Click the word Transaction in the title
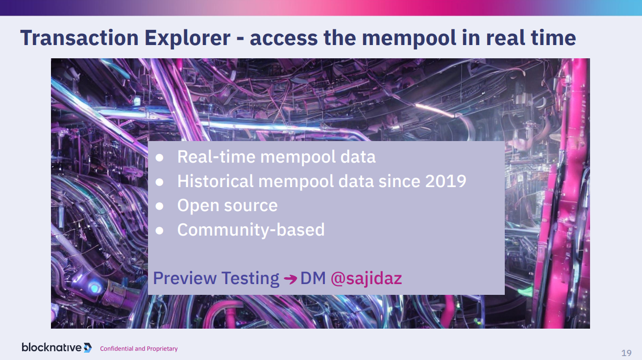(x=79, y=38)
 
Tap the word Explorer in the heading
(x=187, y=38)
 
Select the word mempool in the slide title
(x=409, y=38)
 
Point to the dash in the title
(x=240, y=39)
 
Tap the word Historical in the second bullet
(x=216, y=181)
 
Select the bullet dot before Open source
(x=159, y=206)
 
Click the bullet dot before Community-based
(x=159, y=230)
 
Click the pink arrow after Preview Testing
(x=290, y=279)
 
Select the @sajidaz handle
(x=366, y=278)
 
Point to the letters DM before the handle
(x=313, y=278)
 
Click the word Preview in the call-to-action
(x=185, y=278)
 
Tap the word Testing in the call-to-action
(x=250, y=278)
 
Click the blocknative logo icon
(x=88, y=348)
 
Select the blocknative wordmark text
(x=51, y=347)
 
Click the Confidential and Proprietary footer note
(x=139, y=349)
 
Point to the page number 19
(x=626, y=353)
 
